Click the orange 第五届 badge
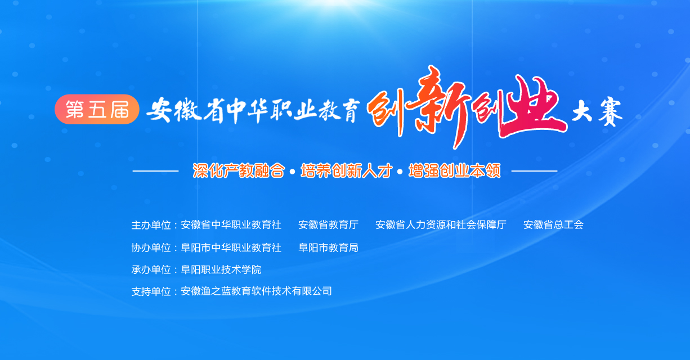(x=97, y=109)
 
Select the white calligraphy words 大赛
(x=597, y=111)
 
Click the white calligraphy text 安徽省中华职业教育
(x=253, y=110)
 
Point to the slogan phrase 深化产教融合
(x=239, y=170)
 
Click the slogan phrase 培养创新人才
(x=347, y=170)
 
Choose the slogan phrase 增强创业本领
(x=455, y=170)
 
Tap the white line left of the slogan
(x=155, y=170)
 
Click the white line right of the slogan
(x=535, y=170)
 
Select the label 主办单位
(x=151, y=225)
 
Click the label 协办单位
(x=151, y=247)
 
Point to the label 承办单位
(x=151, y=270)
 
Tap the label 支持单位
(x=151, y=291)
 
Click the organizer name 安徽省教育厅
(x=328, y=225)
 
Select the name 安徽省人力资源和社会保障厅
(x=441, y=225)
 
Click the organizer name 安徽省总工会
(x=553, y=225)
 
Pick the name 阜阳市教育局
(x=328, y=247)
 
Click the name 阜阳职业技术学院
(x=221, y=270)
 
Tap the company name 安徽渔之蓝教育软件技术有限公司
(x=256, y=291)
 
